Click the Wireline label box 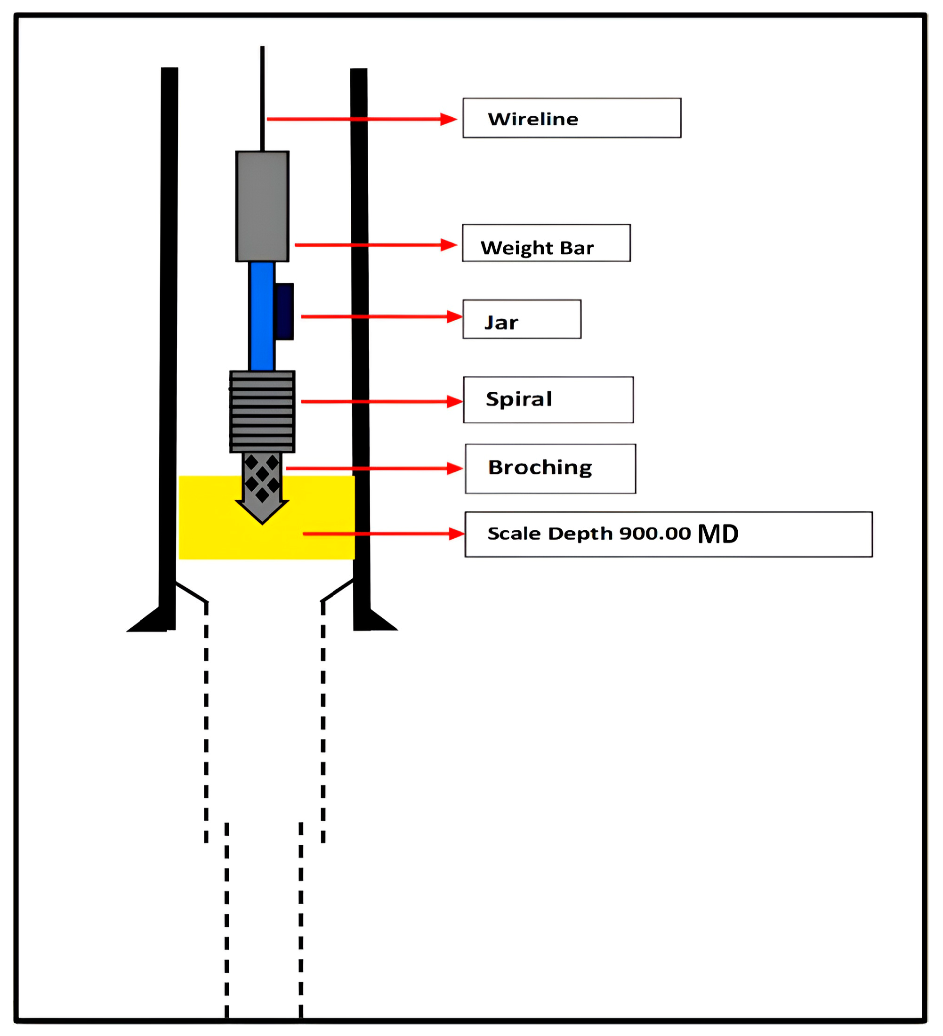[x=572, y=118]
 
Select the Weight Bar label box [x=546, y=243]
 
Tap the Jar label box [x=522, y=319]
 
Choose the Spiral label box [x=548, y=400]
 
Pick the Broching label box [x=550, y=469]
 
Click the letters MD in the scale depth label [x=718, y=534]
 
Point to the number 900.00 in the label [x=655, y=534]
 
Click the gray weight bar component [x=262, y=206]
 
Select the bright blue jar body [x=262, y=316]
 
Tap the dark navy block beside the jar [x=285, y=311]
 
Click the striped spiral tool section [x=262, y=412]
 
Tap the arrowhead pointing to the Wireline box [x=449, y=119]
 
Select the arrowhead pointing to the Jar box [x=454, y=316]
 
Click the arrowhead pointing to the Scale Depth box [x=456, y=534]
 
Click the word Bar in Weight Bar [x=577, y=248]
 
